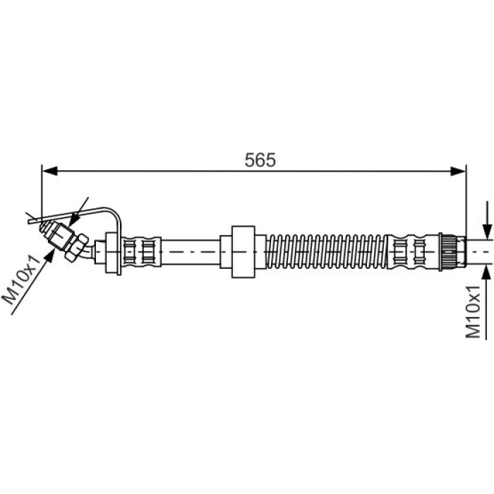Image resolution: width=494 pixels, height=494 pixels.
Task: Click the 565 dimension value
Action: [x=260, y=159]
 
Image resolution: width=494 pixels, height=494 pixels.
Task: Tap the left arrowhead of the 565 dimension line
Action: [x=49, y=171]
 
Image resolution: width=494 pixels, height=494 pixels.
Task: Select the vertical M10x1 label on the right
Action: [x=473, y=312]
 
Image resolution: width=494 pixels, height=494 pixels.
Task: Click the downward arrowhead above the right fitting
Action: [x=487, y=232]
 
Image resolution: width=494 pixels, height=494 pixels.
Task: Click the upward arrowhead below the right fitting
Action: [x=487, y=272]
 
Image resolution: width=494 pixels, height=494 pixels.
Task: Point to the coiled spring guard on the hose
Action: [x=327, y=252]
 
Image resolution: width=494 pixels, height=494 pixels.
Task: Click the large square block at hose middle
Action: [x=243, y=252]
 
